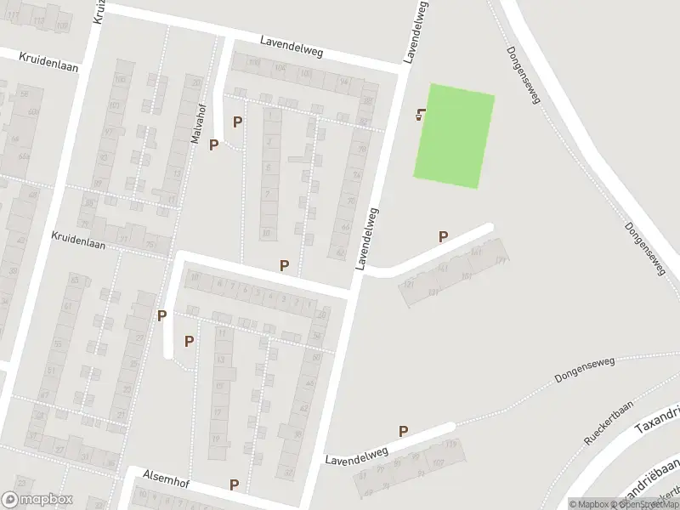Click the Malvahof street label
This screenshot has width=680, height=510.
197,126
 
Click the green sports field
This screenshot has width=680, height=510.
454,136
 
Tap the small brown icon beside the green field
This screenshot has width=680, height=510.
419,115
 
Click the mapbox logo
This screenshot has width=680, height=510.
37,500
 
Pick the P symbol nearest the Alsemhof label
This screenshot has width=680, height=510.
234,485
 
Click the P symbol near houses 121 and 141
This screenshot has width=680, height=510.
443,237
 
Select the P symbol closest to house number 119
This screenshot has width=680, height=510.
404,432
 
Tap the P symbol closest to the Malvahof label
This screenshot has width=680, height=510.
213,144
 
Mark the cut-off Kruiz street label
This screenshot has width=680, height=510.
98,12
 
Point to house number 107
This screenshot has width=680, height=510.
437,463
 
